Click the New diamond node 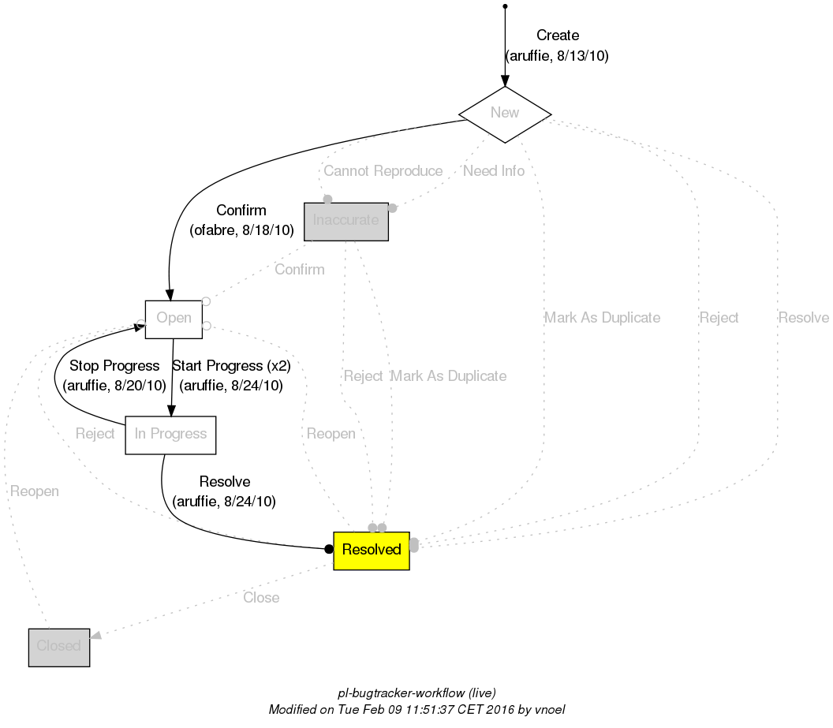505,114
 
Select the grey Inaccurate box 346,221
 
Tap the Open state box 174,319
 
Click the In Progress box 170,435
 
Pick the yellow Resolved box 372,550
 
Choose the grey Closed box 59,647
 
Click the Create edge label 558,35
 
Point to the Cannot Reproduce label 383,171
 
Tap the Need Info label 494,171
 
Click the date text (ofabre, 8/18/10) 241,231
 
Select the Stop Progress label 114,366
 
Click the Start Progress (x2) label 231,366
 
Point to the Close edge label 261,598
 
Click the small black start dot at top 505,6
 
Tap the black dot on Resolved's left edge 329,549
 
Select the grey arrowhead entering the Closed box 95,636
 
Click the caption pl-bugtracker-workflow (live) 416,693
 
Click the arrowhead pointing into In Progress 171,410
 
